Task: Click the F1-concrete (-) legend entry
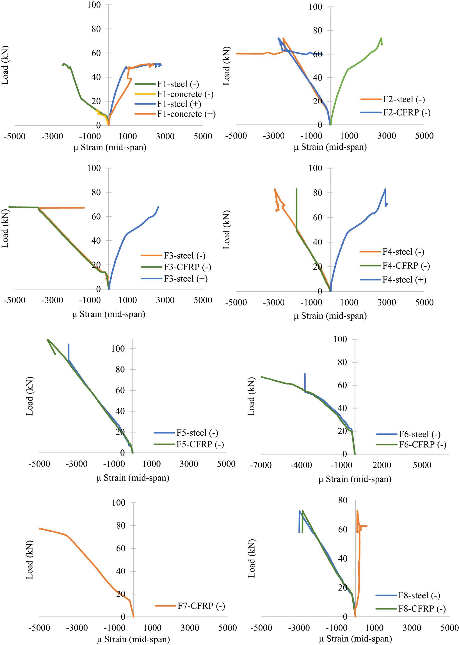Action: [185, 94]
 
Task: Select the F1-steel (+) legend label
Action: [179, 104]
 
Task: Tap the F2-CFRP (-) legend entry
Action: [407, 113]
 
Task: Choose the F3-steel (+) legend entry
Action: [185, 279]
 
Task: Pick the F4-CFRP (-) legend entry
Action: [406, 266]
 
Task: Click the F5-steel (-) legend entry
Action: [197, 433]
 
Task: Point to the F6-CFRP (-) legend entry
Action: [422, 444]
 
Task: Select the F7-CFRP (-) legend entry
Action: [201, 606]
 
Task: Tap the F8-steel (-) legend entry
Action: [419, 596]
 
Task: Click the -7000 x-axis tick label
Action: [261, 465]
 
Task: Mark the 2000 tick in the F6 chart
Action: [382, 465]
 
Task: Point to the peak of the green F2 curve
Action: [381, 38]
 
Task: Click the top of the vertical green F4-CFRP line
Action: [296, 189]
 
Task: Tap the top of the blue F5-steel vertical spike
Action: [68, 344]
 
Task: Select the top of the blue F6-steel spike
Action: [305, 374]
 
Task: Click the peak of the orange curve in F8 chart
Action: [357, 511]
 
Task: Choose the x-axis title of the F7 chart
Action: [133, 639]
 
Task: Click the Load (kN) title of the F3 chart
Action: [5, 228]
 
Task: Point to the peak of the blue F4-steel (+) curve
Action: [385, 189]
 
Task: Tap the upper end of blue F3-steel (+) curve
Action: [158, 207]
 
